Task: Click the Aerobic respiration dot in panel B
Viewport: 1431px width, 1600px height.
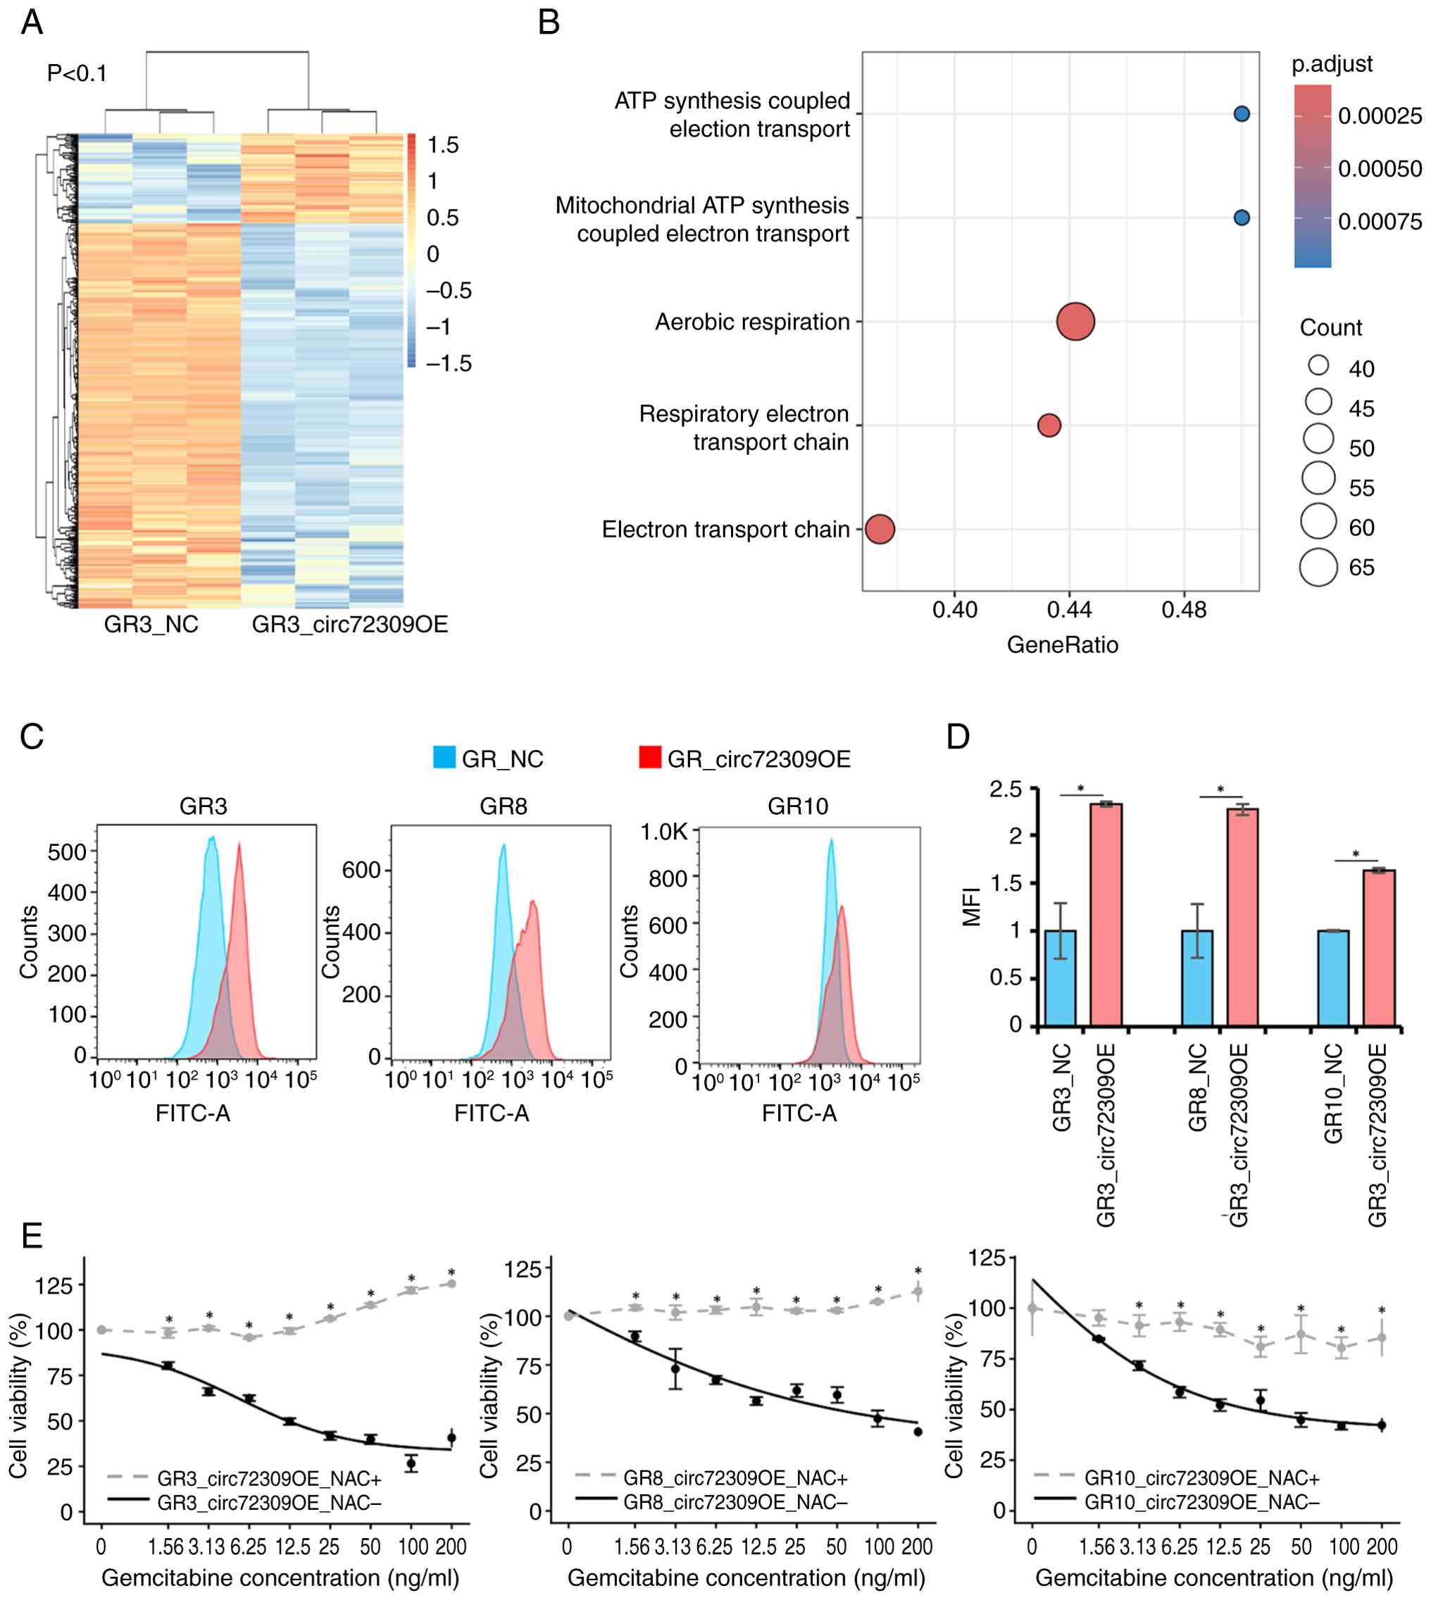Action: (x=1075, y=322)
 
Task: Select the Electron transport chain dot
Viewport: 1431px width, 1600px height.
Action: (x=880, y=529)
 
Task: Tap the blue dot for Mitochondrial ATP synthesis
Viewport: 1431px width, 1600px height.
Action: (x=1242, y=218)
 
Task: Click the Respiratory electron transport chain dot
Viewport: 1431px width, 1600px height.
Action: (x=1049, y=425)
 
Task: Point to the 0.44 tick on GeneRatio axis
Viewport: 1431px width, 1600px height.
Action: (x=1069, y=609)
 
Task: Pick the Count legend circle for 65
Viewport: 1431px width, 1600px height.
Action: (x=1318, y=567)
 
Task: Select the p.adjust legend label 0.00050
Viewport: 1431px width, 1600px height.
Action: (x=1380, y=169)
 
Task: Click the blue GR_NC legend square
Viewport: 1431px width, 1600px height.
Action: (x=444, y=757)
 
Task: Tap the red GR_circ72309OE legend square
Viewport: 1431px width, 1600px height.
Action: (x=649, y=757)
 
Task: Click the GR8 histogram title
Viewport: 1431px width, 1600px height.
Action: (x=504, y=806)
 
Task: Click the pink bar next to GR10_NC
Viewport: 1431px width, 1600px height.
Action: (x=1379, y=947)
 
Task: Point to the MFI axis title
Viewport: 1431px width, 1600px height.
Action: (x=972, y=906)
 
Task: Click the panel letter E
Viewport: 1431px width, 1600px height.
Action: (x=32, y=1236)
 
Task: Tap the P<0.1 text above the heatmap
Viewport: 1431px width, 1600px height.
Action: (x=77, y=74)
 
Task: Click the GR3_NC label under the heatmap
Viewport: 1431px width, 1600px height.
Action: (x=151, y=624)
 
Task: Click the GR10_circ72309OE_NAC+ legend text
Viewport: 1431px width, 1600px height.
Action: (x=1201, y=1478)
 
